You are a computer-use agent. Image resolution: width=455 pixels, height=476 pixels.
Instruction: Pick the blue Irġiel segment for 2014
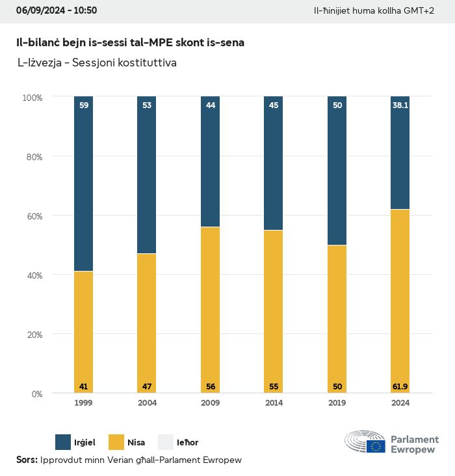pyautogui.click(x=274, y=163)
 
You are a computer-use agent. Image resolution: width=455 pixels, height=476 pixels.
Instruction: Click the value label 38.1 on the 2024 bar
pyautogui.click(x=400, y=105)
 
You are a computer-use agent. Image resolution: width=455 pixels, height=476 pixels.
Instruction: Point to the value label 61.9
pyautogui.click(x=400, y=387)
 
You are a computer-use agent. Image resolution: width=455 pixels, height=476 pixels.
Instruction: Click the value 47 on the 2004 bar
pyautogui.click(x=147, y=387)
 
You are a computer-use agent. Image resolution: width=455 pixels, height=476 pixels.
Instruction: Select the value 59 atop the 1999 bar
pyautogui.click(x=83, y=105)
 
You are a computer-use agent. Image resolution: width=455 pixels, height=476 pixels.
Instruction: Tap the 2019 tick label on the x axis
pyautogui.click(x=337, y=403)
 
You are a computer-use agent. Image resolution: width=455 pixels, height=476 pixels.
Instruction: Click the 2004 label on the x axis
pyautogui.click(x=147, y=403)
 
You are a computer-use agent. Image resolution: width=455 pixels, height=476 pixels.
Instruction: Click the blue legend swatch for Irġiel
pyautogui.click(x=63, y=442)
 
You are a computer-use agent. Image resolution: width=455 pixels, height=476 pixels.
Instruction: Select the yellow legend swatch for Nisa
pyautogui.click(x=115, y=442)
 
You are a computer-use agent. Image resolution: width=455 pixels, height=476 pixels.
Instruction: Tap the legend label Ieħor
pyautogui.click(x=187, y=443)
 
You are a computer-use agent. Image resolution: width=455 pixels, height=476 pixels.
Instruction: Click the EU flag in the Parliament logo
pyautogui.click(x=375, y=446)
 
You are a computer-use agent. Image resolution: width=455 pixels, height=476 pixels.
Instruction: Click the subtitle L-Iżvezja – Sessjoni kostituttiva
pyautogui.click(x=97, y=63)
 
